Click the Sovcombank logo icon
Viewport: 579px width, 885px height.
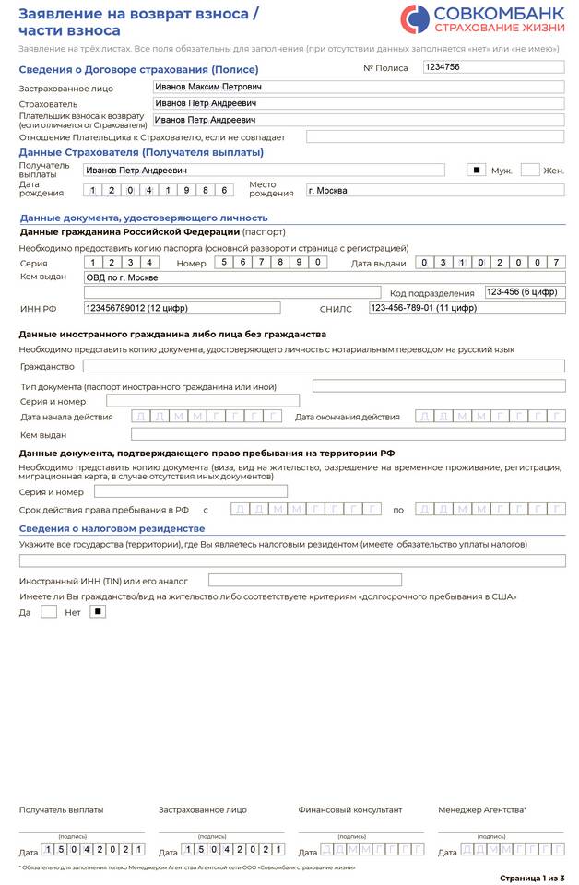click(x=414, y=18)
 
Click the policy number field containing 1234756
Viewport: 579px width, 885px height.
click(x=492, y=67)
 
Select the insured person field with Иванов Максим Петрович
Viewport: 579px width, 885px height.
click(x=359, y=88)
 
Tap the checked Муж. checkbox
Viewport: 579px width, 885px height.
click(x=477, y=170)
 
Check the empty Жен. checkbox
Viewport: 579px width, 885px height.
click(x=529, y=170)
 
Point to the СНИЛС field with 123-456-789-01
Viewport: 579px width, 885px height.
click(x=467, y=308)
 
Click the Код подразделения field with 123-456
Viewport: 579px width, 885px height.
click(x=525, y=292)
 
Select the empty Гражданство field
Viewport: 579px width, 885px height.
click(x=324, y=366)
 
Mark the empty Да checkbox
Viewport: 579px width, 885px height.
click(x=49, y=611)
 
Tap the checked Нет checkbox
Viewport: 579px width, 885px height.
click(x=98, y=611)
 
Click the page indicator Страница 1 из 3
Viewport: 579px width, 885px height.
click(x=532, y=877)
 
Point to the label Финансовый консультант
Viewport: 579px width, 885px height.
click(x=350, y=809)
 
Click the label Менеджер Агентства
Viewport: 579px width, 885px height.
click(x=482, y=809)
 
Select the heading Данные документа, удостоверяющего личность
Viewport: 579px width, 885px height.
click(x=144, y=218)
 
